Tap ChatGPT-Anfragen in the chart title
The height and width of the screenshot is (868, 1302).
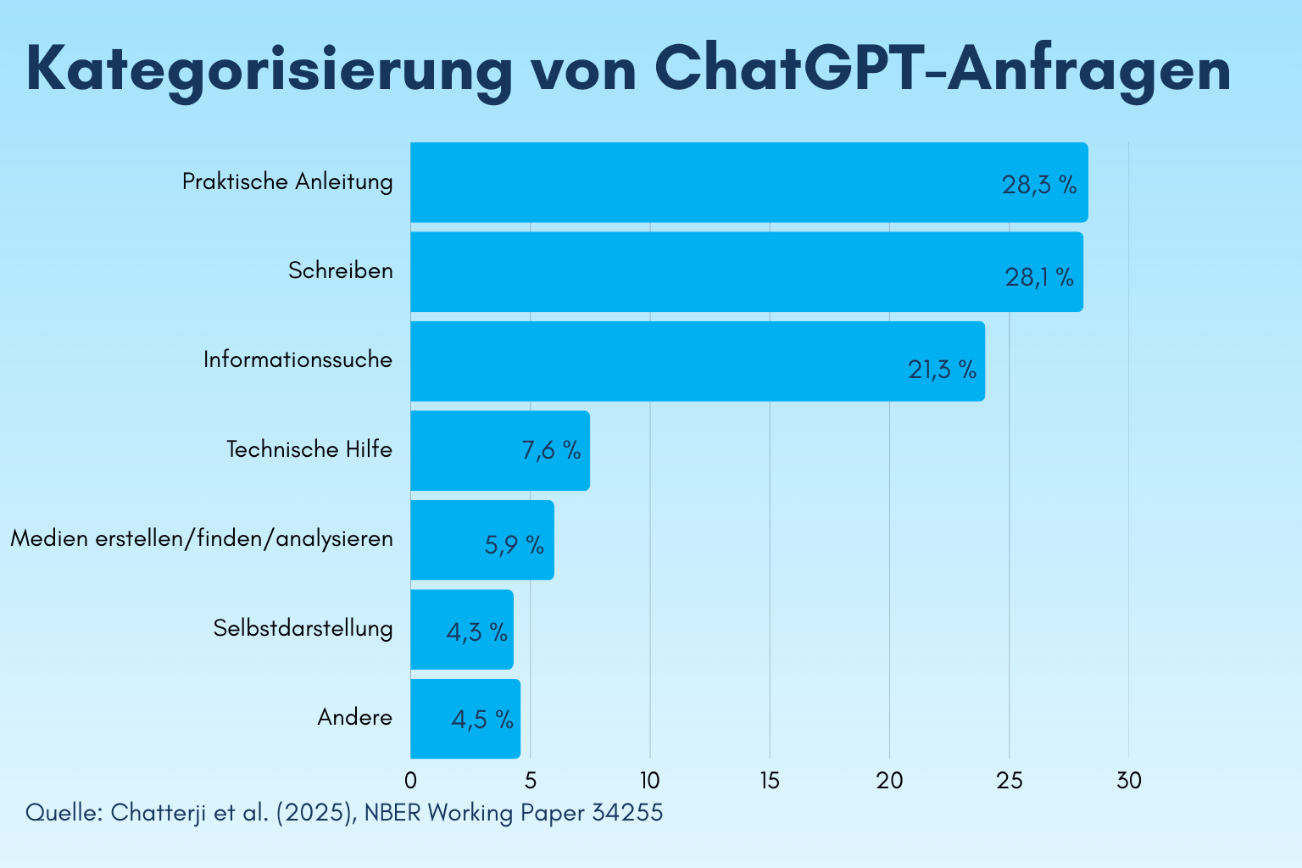943,70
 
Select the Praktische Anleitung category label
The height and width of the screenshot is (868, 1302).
287,181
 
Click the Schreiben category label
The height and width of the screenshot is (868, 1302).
340,270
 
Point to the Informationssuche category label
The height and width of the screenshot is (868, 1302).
298,359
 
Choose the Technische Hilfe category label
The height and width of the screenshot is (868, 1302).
309,449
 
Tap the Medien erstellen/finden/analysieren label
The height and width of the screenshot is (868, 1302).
202,538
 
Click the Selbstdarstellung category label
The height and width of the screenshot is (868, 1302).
303,628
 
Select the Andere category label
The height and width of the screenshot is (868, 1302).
354,717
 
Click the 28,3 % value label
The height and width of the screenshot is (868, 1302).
1039,186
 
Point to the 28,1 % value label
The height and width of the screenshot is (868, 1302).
1039,277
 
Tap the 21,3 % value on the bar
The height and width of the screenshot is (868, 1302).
942,370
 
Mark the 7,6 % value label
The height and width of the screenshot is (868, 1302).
551,451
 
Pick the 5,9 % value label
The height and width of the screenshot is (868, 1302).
514,545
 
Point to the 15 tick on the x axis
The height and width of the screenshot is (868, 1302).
770,781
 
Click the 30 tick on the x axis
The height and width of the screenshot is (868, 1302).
1128,781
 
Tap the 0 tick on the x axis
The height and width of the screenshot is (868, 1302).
410,781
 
